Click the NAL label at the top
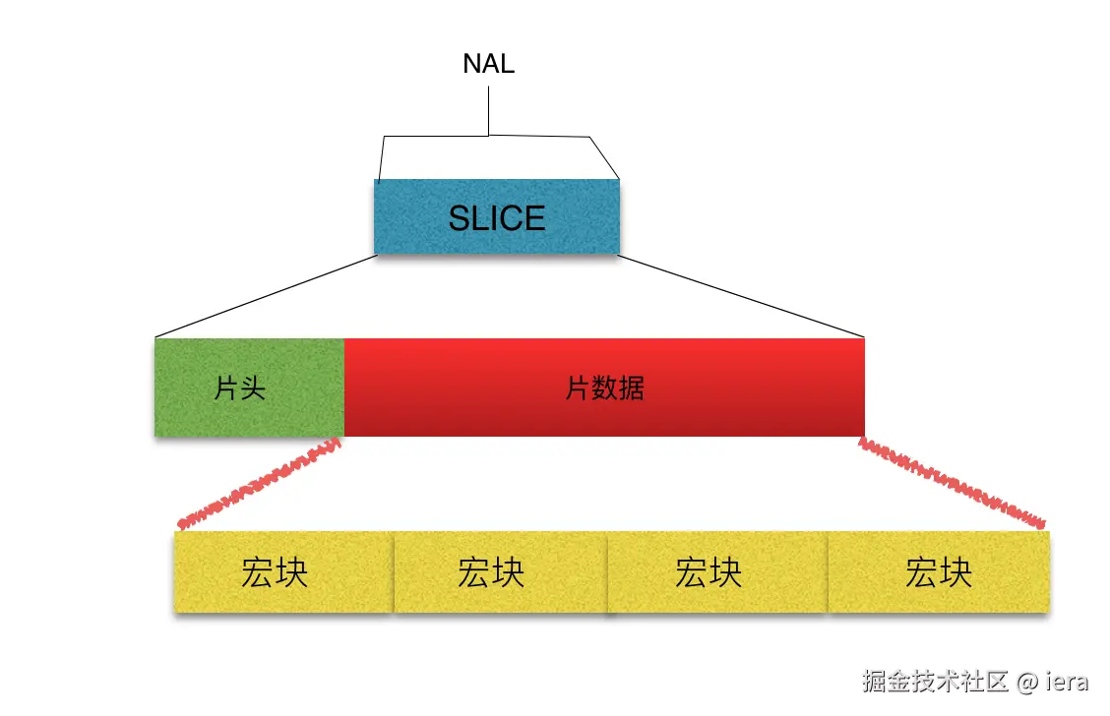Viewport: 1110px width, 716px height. [488, 65]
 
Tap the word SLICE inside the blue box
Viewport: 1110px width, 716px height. [496, 217]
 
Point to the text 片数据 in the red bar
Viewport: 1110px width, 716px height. [604, 388]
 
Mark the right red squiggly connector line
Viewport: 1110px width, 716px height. [951, 483]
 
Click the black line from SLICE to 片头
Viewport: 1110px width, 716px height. [266, 297]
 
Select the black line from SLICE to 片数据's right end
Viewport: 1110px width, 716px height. [740, 297]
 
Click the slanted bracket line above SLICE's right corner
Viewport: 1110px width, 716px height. [604, 157]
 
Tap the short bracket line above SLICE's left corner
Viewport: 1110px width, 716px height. [381, 157]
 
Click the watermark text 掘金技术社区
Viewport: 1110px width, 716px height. [936, 681]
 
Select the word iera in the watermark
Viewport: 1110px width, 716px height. [1067, 681]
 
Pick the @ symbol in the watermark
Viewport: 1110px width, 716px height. [1026, 682]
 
